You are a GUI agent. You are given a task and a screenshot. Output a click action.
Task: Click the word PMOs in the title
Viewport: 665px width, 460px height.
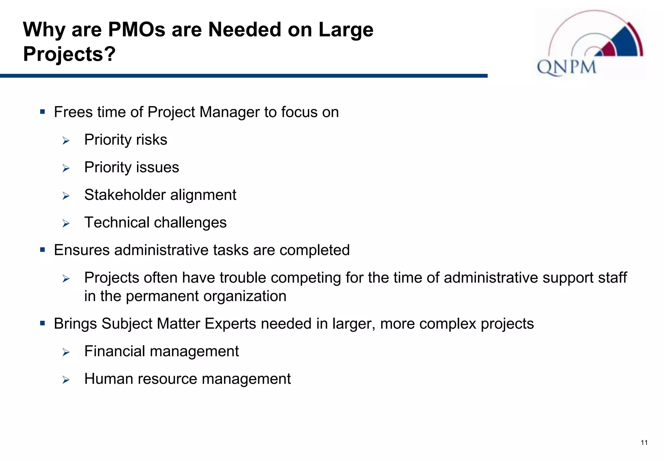click(137, 30)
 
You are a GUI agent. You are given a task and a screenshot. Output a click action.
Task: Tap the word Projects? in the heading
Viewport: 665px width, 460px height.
click(69, 54)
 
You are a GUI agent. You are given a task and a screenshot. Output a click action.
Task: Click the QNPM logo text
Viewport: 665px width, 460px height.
click(567, 67)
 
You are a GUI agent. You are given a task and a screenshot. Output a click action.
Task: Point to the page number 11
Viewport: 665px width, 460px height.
click(644, 443)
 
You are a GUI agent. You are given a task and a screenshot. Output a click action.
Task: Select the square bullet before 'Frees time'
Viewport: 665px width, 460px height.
click(43, 112)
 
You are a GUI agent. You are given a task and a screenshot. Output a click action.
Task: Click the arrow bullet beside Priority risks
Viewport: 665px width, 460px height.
click(66, 141)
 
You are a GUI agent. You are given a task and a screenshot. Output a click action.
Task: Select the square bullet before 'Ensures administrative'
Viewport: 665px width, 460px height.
click(43, 250)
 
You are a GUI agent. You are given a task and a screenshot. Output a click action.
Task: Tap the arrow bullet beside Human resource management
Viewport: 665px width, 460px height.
click(66, 380)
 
